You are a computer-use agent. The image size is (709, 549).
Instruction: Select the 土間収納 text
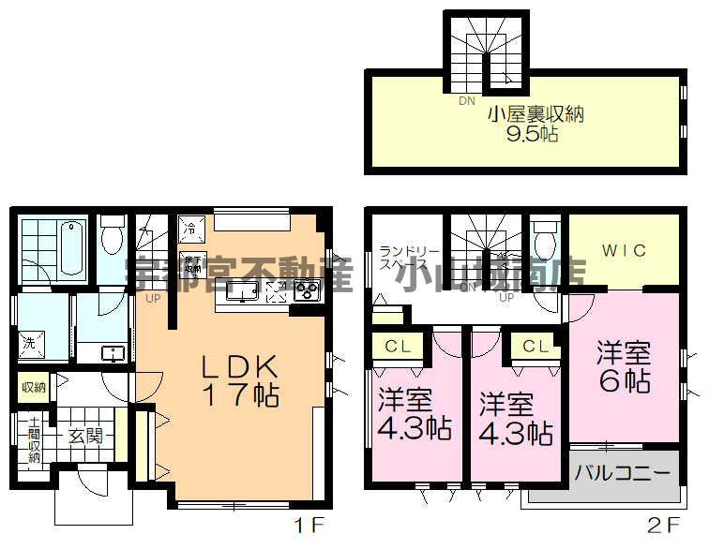[34, 439]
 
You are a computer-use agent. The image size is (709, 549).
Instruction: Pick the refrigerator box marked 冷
[189, 227]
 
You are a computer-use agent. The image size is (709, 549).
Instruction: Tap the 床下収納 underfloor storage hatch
[192, 263]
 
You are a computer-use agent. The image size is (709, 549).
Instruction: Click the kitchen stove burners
[307, 291]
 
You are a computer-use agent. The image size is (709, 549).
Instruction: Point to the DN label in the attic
[466, 101]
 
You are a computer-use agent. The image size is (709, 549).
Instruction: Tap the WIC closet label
[624, 250]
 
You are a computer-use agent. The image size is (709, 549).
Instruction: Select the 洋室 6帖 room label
[624, 367]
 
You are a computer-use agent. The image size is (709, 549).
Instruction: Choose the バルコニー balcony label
[623, 470]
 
